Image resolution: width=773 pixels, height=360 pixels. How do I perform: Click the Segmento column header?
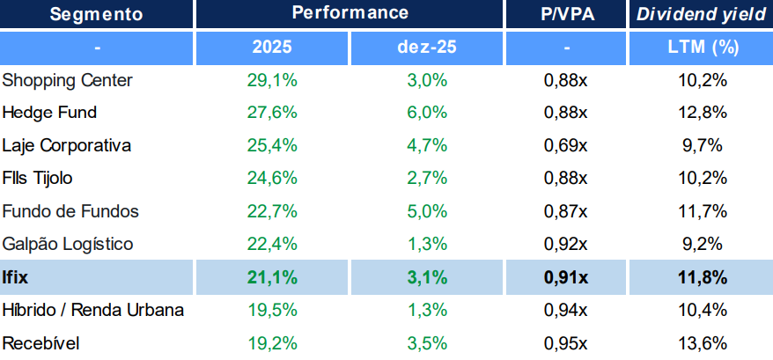tap(96, 13)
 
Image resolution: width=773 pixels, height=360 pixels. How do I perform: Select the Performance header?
tap(350, 13)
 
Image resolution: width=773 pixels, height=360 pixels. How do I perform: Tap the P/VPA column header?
tap(565, 13)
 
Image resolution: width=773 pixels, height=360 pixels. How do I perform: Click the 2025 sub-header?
tap(272, 46)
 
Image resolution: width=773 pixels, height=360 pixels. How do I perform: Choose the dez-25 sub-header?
tap(427, 46)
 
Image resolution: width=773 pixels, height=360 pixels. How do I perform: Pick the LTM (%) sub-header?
tap(702, 46)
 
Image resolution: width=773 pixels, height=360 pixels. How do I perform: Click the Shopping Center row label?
tap(68, 80)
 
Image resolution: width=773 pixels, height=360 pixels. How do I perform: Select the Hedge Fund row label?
tap(50, 113)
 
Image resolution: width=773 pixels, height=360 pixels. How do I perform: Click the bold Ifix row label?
tap(16, 277)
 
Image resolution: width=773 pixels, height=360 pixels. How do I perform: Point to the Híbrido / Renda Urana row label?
tap(93, 310)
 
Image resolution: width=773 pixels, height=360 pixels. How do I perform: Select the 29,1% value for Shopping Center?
tap(272, 80)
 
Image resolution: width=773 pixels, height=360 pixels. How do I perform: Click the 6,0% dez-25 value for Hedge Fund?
tap(427, 113)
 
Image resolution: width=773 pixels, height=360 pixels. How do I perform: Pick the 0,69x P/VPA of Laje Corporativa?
tap(565, 145)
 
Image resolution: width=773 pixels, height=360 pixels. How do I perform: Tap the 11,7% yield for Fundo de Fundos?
tap(702, 211)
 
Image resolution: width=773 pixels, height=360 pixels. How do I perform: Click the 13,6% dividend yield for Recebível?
tap(702, 342)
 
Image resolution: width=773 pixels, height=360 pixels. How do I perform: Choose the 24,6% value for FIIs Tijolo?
tap(272, 179)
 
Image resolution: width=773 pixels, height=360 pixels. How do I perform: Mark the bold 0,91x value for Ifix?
tap(565, 277)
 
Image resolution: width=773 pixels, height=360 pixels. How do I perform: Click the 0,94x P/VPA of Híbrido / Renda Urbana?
tap(565, 310)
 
